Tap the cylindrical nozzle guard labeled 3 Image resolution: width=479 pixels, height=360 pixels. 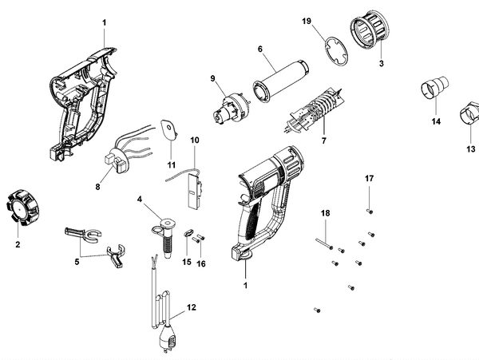(369, 38)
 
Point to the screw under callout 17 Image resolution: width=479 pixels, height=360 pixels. (370, 210)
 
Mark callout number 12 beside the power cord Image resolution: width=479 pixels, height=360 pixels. (191, 307)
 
